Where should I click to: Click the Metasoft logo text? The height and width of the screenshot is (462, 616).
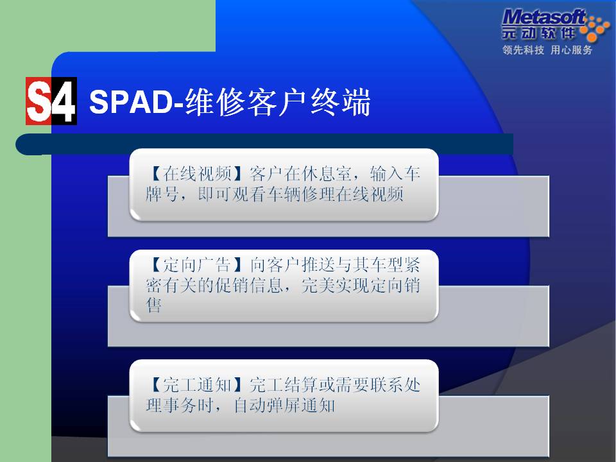[x=544, y=18]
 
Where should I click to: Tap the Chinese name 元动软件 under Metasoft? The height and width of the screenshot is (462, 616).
[x=538, y=33]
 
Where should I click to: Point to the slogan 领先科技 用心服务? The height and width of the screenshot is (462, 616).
[x=547, y=50]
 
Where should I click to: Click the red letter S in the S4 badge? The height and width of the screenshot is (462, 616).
[x=38, y=101]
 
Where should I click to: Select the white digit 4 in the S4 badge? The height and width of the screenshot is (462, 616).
[x=64, y=101]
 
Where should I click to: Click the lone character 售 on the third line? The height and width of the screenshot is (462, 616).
[x=153, y=305]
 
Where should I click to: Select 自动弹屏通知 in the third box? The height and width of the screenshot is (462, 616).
[x=284, y=405]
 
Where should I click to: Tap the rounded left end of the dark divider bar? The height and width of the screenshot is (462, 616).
[x=24, y=144]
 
